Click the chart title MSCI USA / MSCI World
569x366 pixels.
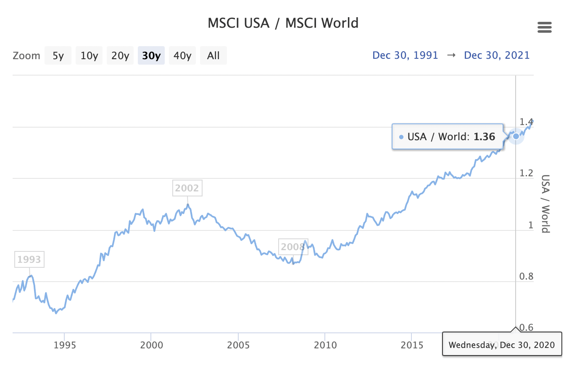pyautogui.click(x=283, y=23)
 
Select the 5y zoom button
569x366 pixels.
pyautogui.click(x=58, y=55)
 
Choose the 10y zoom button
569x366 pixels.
pyautogui.click(x=89, y=55)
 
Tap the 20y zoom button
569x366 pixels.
pyautogui.click(x=120, y=55)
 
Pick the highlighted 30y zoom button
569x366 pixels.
pyautogui.click(x=151, y=55)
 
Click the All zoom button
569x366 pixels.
pyautogui.click(x=213, y=55)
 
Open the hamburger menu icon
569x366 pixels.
pyautogui.click(x=544, y=28)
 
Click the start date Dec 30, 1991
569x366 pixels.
pyautogui.click(x=405, y=55)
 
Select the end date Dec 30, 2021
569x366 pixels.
pyautogui.click(x=497, y=55)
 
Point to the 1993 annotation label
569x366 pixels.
pyautogui.click(x=29, y=259)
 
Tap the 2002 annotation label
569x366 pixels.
pyautogui.click(x=187, y=188)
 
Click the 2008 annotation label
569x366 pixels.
pyautogui.click(x=292, y=246)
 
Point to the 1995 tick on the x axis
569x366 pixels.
pyautogui.click(x=64, y=345)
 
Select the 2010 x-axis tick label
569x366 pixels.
pyautogui.click(x=325, y=345)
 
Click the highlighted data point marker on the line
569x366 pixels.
pyautogui.click(x=516, y=136)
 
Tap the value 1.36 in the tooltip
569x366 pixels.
pyautogui.click(x=485, y=136)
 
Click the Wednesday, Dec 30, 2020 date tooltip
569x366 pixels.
pyautogui.click(x=502, y=345)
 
